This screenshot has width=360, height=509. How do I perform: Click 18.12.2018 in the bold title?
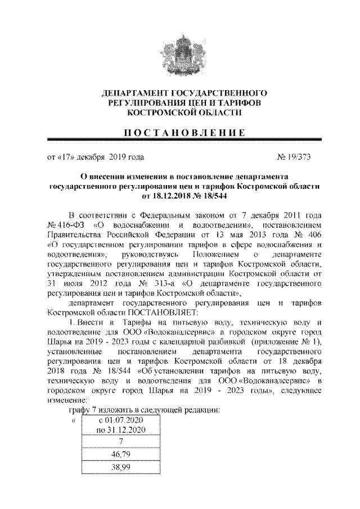(157, 196)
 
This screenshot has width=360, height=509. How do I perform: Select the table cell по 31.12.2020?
(121, 430)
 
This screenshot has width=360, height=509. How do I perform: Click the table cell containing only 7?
(121, 442)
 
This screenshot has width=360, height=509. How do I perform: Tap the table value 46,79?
(121, 454)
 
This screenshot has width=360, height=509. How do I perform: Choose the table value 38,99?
(121, 467)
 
